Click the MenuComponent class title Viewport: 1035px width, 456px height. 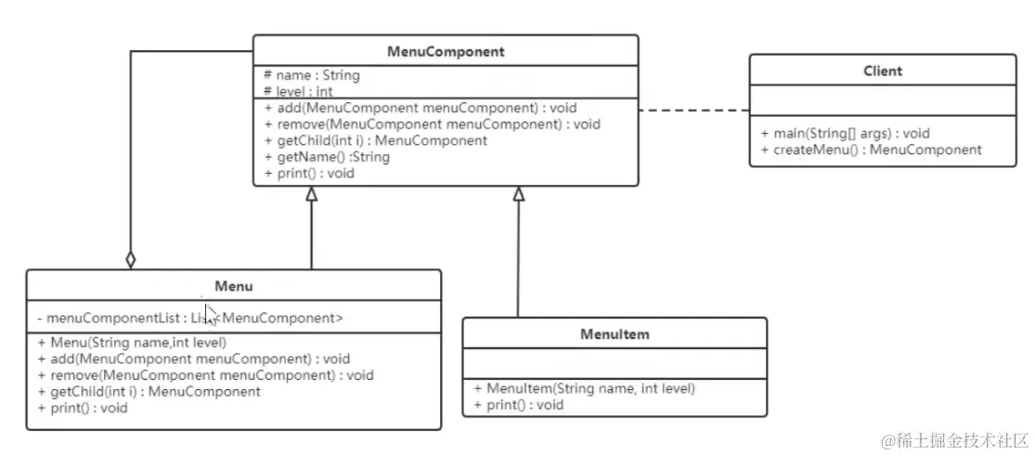click(x=446, y=52)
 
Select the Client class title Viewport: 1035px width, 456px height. click(x=882, y=71)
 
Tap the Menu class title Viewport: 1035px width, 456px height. click(x=233, y=286)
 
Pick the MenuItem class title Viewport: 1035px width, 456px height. click(x=615, y=333)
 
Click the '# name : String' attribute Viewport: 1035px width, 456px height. click(x=312, y=75)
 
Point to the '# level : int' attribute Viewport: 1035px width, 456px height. click(x=299, y=91)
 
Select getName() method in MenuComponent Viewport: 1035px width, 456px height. click(x=327, y=157)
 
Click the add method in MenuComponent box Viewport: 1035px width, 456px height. click(x=420, y=108)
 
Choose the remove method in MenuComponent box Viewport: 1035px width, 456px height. click(x=433, y=124)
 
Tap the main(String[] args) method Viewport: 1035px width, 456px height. click(x=845, y=133)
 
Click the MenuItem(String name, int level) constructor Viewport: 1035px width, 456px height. click(x=584, y=388)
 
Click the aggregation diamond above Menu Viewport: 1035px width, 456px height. click(x=130, y=259)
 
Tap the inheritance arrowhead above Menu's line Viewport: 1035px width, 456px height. click(x=312, y=194)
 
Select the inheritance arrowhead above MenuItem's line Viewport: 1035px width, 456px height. click(x=519, y=194)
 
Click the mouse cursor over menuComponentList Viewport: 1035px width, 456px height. click(x=211, y=315)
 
